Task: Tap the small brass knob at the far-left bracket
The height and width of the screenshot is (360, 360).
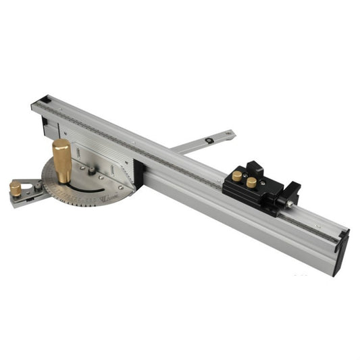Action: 15,188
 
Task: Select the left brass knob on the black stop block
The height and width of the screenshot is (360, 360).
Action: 238,176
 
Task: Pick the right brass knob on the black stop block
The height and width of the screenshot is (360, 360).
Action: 251,182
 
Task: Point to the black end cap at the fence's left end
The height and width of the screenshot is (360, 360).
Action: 42,103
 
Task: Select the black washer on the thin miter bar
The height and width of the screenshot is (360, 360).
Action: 209,140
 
